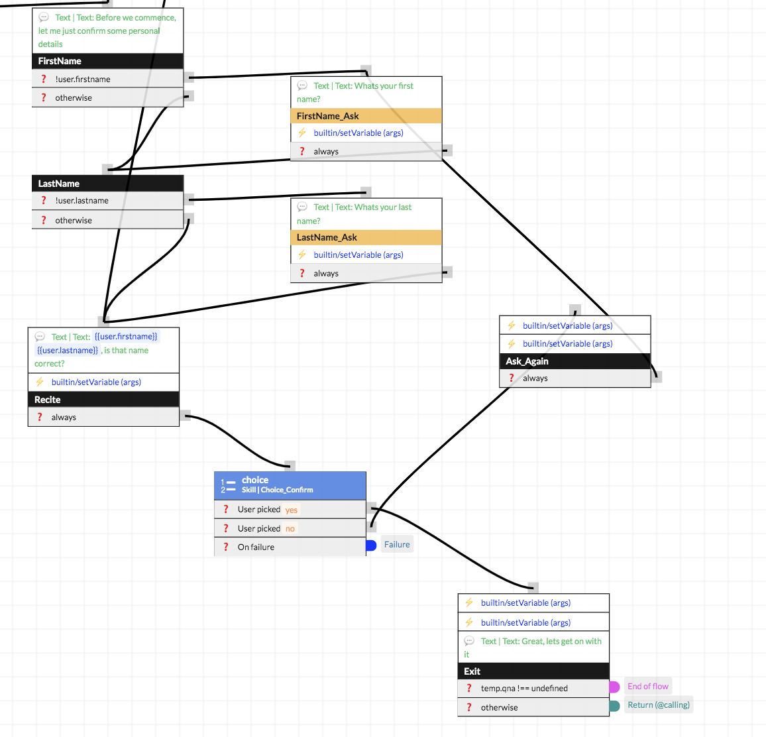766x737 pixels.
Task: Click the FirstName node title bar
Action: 107,61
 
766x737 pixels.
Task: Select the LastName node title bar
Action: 107,184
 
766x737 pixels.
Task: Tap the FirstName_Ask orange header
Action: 366,116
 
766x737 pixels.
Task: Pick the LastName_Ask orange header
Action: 366,237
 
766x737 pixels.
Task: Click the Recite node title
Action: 103,400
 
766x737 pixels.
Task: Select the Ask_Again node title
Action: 574,361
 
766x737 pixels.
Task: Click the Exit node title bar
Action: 533,671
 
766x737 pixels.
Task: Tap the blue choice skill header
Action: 290,484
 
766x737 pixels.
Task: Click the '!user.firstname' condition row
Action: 107,79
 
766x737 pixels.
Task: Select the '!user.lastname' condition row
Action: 107,201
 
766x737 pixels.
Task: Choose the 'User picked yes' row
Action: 290,510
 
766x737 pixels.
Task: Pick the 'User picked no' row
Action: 290,529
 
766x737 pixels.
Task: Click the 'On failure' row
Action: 290,547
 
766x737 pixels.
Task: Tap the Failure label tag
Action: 397,545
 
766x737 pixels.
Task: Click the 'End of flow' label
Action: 647,687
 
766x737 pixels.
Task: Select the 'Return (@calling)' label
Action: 658,705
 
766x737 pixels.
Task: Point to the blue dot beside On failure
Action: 371,545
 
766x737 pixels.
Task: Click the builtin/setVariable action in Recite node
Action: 96,382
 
